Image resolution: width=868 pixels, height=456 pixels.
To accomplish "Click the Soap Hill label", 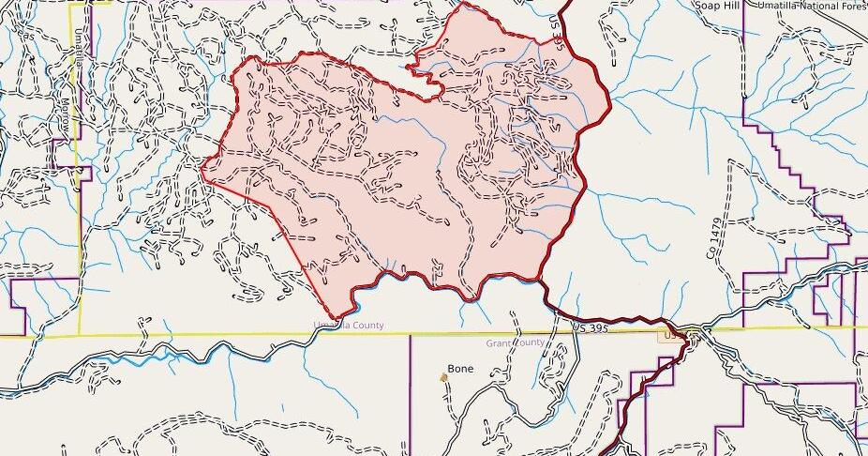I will point(718,6).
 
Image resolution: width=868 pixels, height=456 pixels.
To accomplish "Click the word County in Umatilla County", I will point(367,326).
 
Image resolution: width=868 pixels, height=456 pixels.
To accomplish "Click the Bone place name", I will point(460,369).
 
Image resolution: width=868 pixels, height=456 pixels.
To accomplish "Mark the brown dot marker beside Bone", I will point(444,377).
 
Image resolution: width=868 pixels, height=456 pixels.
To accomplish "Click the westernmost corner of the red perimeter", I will point(202,172).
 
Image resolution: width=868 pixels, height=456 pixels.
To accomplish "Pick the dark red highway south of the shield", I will point(647,394).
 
